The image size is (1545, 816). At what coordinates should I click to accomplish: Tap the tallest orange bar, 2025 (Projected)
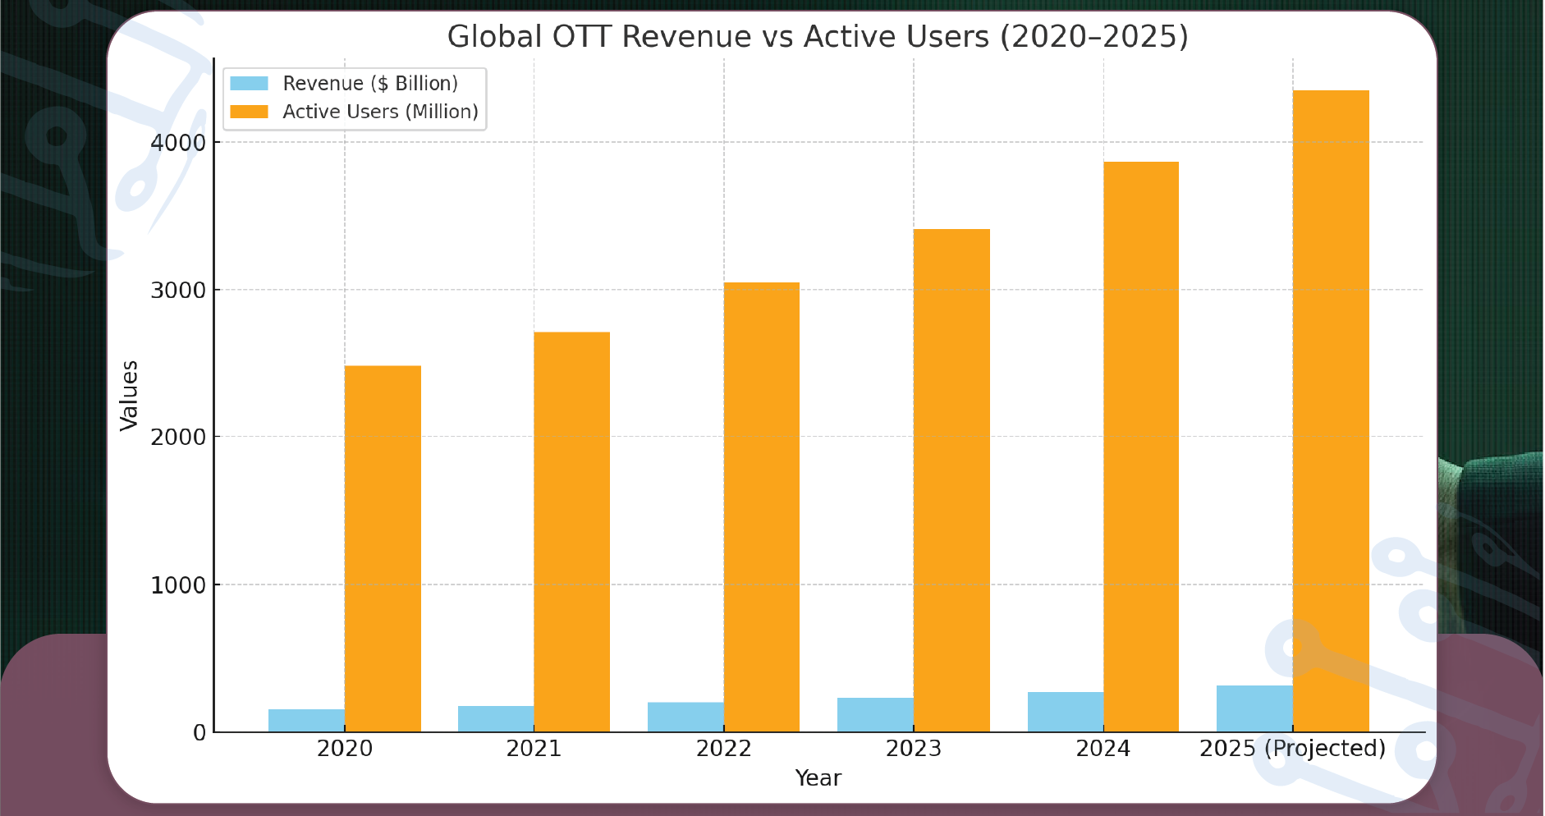pyautogui.click(x=1331, y=410)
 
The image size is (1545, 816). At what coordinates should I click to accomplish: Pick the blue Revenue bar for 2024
pyautogui.click(x=1066, y=712)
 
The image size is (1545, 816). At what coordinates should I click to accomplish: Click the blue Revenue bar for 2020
pyautogui.click(x=306, y=720)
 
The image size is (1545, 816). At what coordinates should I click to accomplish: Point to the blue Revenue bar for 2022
pyautogui.click(x=685, y=717)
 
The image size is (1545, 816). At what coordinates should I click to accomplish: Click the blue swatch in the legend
pyautogui.click(x=249, y=84)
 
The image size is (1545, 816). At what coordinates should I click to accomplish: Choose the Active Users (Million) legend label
pyautogui.click(x=380, y=112)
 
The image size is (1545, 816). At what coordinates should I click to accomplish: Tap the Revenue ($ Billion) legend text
pyautogui.click(x=370, y=84)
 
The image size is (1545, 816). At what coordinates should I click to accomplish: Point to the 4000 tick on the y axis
pyautogui.click(x=177, y=143)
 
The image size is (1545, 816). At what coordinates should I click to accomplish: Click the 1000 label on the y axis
pyautogui.click(x=177, y=585)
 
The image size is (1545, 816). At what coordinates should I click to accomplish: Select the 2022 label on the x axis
pyautogui.click(x=723, y=749)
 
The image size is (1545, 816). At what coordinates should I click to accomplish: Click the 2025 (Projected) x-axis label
pyautogui.click(x=1292, y=749)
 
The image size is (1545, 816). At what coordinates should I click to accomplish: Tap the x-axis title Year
pyautogui.click(x=818, y=778)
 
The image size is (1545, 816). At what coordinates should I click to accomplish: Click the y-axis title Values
pyautogui.click(x=129, y=395)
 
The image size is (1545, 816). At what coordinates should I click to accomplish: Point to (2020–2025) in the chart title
pyautogui.click(x=1093, y=37)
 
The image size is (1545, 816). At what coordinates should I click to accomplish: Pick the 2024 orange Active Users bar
pyautogui.click(x=1141, y=447)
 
